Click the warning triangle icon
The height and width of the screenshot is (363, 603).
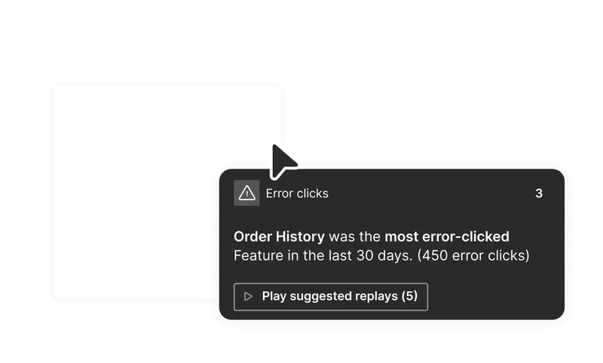(x=246, y=194)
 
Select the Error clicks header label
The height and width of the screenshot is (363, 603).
(x=297, y=194)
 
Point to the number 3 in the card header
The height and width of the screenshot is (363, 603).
(x=539, y=194)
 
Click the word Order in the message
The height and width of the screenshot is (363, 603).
(x=250, y=236)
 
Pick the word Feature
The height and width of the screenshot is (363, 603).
(x=256, y=255)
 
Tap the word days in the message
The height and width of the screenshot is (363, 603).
(x=393, y=255)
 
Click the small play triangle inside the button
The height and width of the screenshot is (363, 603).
(x=248, y=297)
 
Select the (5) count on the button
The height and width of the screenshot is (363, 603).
(x=409, y=296)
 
